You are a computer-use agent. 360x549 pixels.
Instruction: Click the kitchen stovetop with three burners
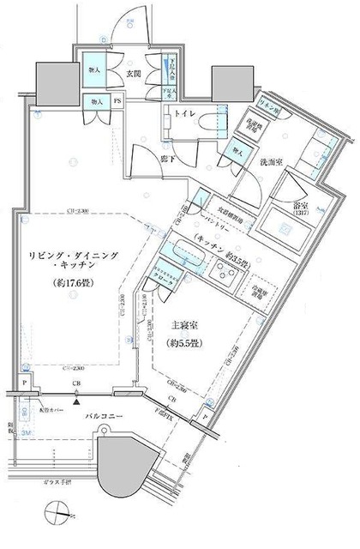[225, 274]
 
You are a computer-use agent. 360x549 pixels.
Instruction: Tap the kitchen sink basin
[180, 252]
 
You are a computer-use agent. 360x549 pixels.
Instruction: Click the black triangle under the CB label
[77, 399]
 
